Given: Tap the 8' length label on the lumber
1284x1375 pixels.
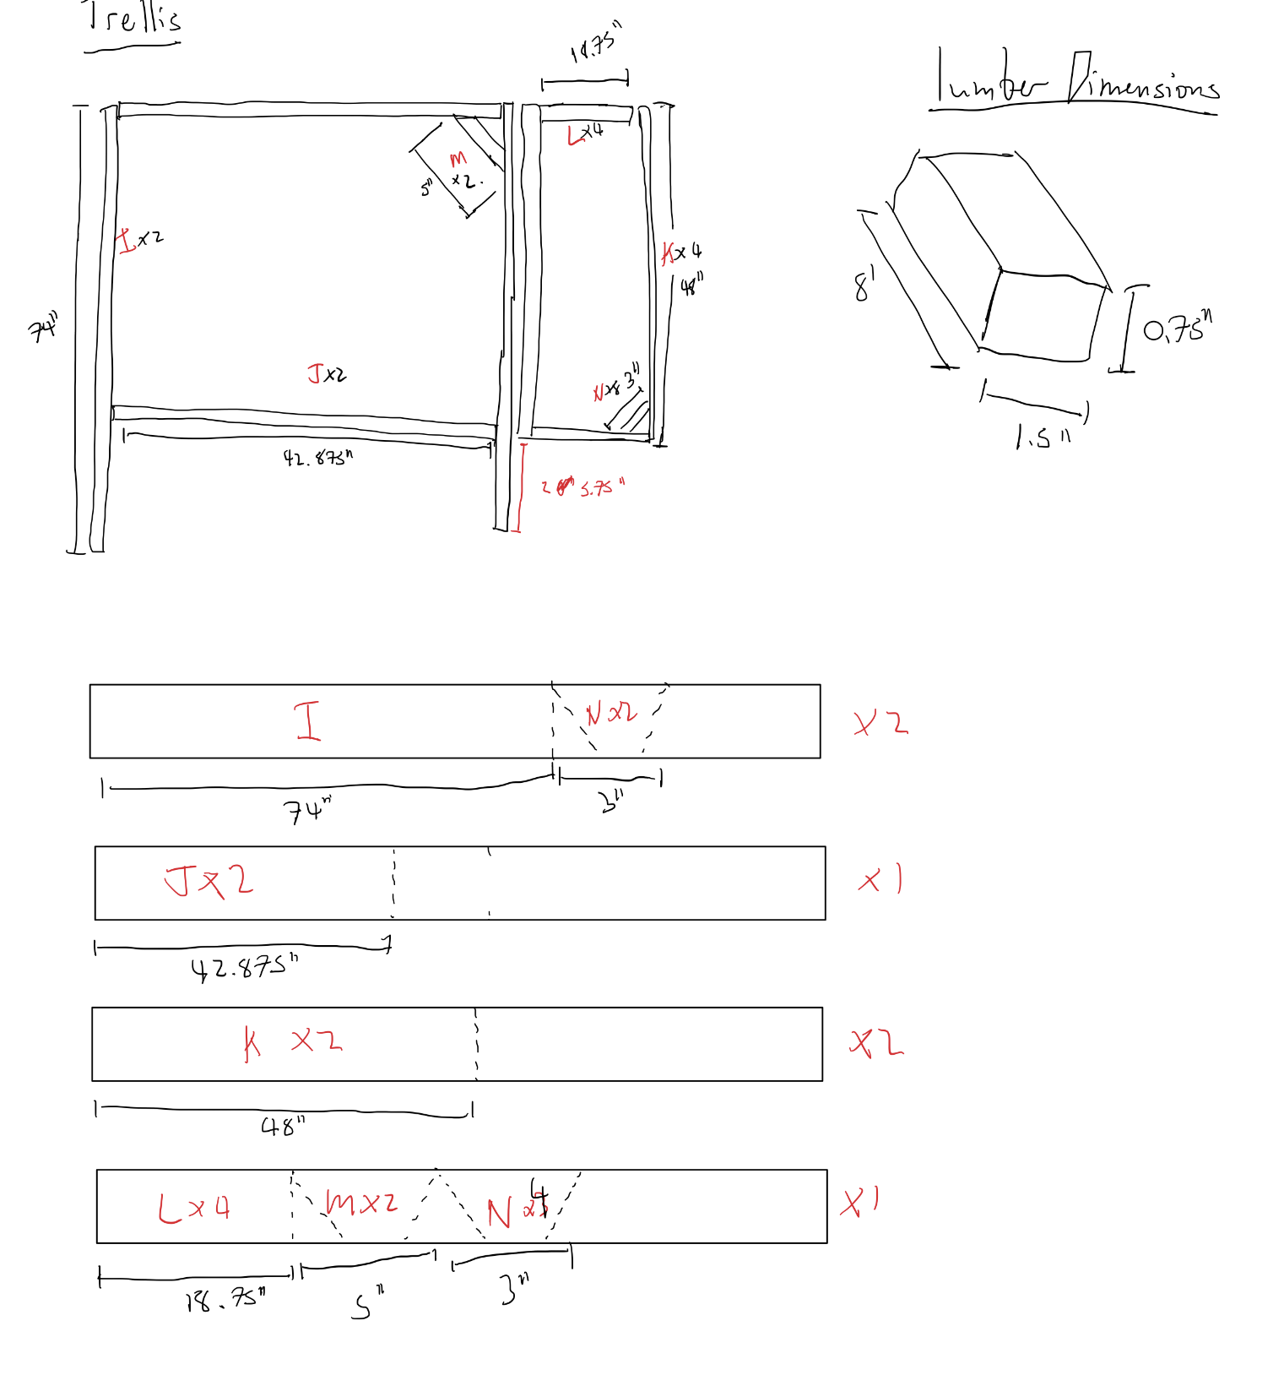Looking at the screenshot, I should coord(864,285).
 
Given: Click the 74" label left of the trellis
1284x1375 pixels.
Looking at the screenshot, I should coord(43,328).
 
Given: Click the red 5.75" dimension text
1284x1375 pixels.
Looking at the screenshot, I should coord(601,488).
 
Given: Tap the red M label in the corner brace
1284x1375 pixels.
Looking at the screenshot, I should coord(458,158).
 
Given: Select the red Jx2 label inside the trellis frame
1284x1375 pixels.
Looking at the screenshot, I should coord(326,373).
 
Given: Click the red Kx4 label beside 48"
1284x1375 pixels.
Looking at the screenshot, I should coord(680,252).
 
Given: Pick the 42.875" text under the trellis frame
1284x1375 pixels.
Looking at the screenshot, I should coord(317,458).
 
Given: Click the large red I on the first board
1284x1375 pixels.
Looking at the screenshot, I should coord(308,721).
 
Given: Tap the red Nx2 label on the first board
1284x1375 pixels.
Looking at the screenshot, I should coord(611,714).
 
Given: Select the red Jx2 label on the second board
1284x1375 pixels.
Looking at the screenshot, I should coord(209,881).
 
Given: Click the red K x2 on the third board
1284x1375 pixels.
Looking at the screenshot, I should coord(292,1041).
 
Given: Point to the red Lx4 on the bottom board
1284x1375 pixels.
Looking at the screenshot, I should coord(194,1207).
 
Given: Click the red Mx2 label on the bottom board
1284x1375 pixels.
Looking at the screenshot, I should coord(361,1202).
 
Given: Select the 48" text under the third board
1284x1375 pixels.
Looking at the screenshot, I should coord(282,1126).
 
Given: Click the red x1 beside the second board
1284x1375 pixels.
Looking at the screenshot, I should coord(880,880).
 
